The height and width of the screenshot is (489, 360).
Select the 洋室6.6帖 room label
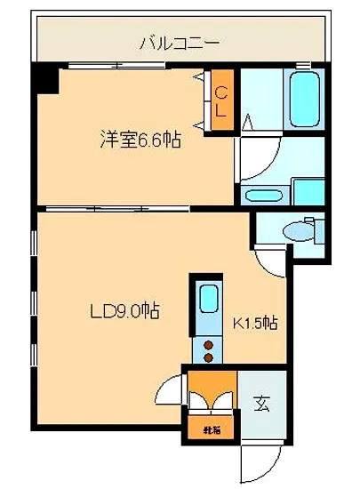tap(133, 139)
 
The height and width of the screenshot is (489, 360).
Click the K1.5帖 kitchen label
tap(255, 323)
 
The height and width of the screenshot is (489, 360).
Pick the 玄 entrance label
tap(263, 404)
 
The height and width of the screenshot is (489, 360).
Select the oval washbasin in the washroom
tap(263, 196)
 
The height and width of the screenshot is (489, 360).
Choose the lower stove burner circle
tap(210, 357)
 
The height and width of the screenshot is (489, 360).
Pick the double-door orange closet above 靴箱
tap(212, 391)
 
